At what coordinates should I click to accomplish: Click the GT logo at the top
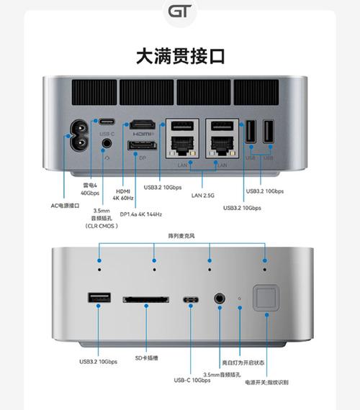(180, 12)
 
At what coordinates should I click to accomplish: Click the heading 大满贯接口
(180, 56)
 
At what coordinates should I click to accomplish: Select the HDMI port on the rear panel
(143, 126)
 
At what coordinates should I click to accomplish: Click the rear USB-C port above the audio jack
(107, 121)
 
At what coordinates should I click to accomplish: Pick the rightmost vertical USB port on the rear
(269, 133)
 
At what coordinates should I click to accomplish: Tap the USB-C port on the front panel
(191, 299)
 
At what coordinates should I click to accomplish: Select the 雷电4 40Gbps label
(90, 188)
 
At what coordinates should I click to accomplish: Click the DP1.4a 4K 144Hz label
(141, 214)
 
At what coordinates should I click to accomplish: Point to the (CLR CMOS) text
(102, 225)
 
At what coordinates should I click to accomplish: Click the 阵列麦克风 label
(181, 235)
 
